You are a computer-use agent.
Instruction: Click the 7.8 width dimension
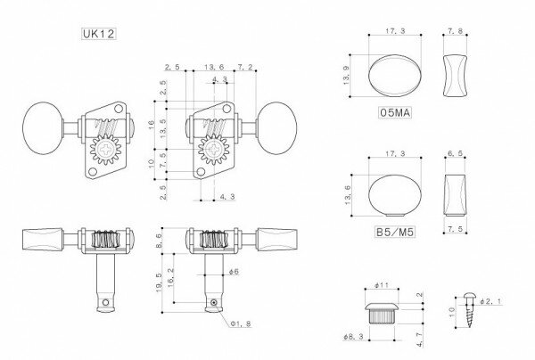(x=455, y=32)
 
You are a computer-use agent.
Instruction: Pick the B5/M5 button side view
(x=455, y=192)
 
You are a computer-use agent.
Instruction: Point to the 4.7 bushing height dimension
(x=417, y=338)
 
